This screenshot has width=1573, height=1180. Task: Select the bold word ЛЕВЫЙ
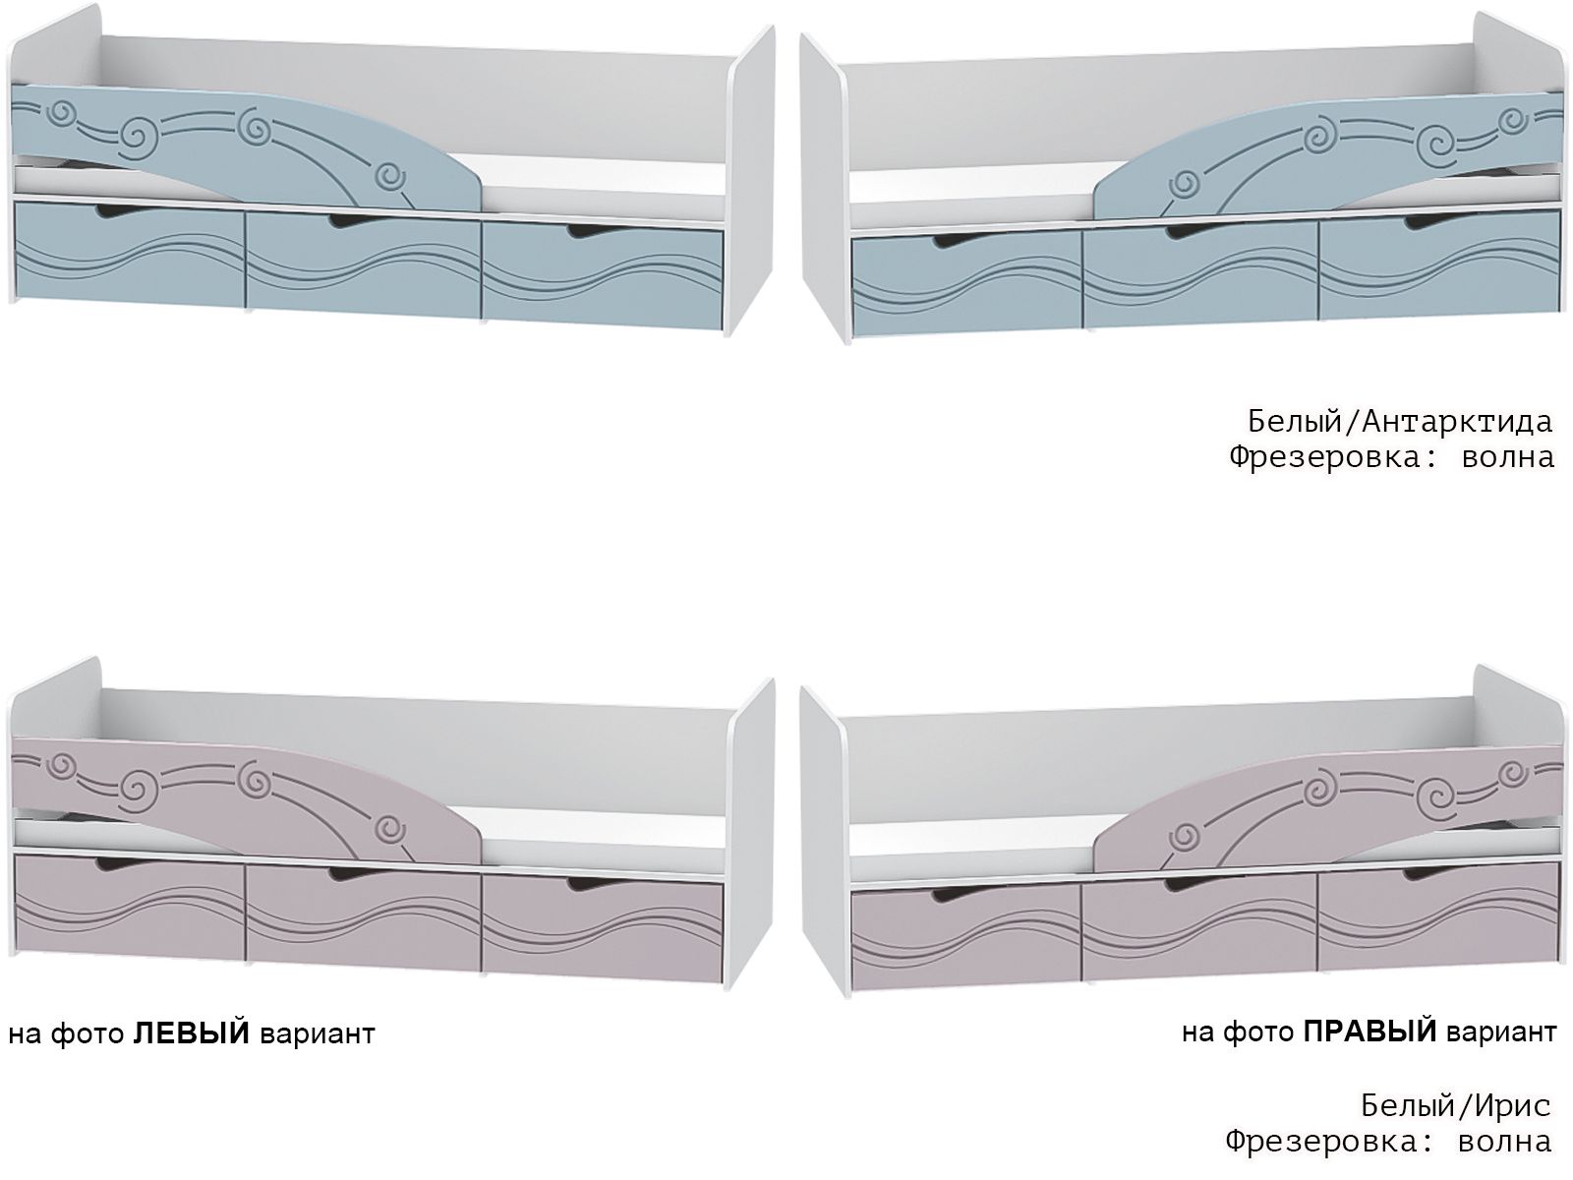(191, 1034)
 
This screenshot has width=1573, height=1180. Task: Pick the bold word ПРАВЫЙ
(1369, 1032)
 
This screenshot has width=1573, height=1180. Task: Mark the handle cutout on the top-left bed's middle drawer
(347, 224)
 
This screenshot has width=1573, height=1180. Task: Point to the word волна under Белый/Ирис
(1504, 1142)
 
